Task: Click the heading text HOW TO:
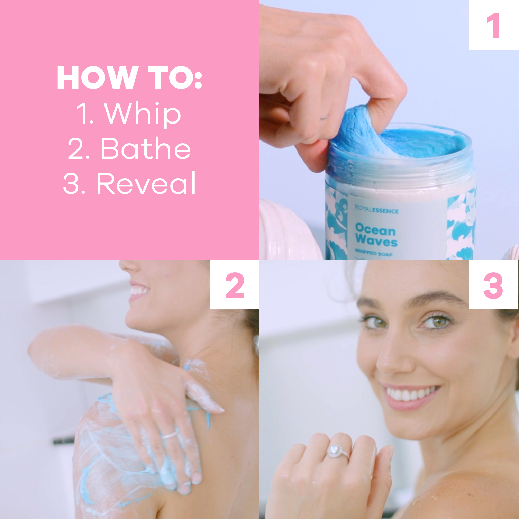129,78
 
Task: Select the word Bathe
146,148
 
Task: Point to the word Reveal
146,183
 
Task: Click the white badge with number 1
493,25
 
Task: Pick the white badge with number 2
235,285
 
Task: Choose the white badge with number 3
493,285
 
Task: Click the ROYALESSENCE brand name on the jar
376,210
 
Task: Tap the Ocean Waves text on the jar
376,235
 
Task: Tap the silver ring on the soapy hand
170,435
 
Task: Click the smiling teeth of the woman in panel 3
410,394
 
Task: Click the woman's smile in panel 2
138,291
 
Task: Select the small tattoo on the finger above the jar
325,117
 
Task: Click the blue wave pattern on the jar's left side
336,225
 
